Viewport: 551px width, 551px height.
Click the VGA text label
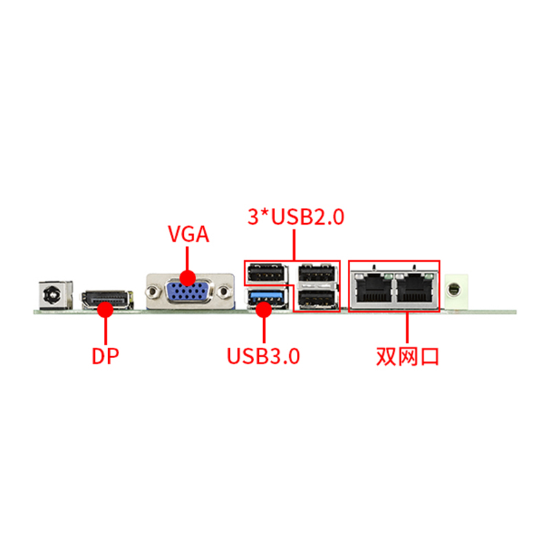(x=188, y=234)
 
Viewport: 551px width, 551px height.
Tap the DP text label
(x=105, y=356)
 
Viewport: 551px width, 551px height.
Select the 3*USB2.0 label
(x=296, y=216)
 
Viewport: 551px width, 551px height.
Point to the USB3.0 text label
(x=263, y=356)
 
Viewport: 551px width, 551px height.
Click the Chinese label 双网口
(x=407, y=356)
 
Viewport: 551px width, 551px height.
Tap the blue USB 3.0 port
(x=267, y=298)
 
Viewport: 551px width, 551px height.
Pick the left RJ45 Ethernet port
(x=373, y=289)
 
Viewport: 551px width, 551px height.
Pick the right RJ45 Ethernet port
(x=415, y=289)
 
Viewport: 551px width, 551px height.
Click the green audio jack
(x=456, y=291)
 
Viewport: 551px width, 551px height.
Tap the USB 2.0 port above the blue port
(x=267, y=273)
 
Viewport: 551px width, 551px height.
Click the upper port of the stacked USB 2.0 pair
(x=317, y=272)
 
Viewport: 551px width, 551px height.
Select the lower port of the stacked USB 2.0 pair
(x=317, y=298)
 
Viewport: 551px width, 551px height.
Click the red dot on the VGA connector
(x=187, y=278)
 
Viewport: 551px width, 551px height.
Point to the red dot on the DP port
(x=105, y=309)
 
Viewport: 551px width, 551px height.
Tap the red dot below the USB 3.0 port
(x=264, y=309)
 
